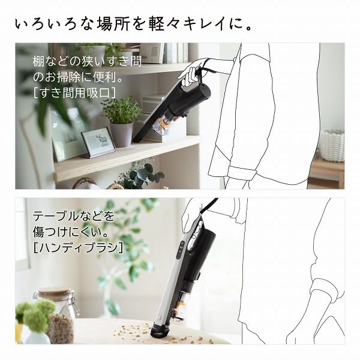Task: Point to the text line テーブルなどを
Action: (x=73, y=215)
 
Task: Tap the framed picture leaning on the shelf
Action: (x=97, y=142)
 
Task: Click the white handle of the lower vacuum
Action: (x=179, y=276)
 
